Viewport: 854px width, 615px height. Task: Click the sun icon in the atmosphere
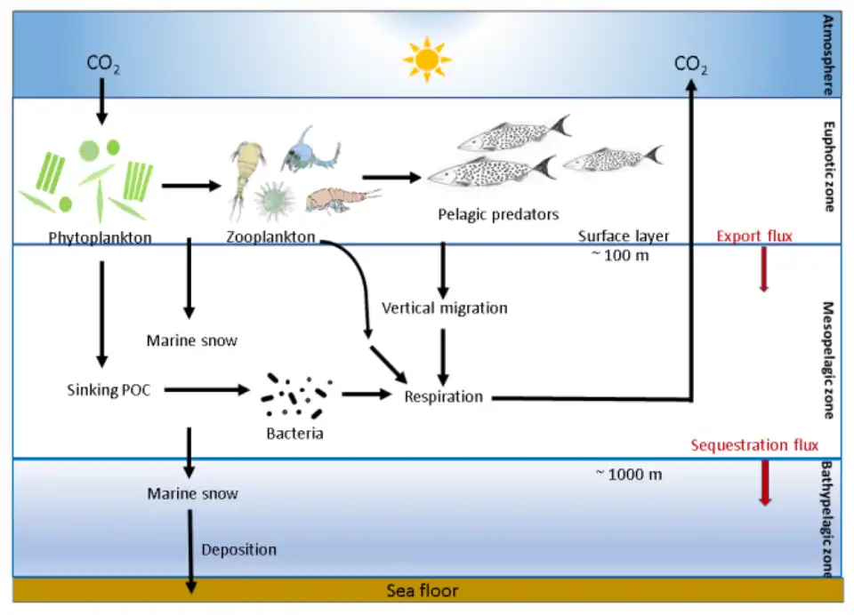(426, 60)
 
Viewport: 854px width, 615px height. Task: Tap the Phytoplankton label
(100, 237)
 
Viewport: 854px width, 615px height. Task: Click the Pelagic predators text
(498, 214)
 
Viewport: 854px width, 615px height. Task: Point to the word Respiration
(443, 396)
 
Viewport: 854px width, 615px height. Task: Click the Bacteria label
(294, 434)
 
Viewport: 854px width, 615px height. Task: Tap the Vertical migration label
(444, 308)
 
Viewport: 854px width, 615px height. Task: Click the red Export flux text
(754, 236)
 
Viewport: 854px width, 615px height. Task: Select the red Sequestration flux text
(754, 445)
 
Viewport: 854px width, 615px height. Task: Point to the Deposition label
(238, 549)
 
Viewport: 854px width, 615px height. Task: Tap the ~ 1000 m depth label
(628, 474)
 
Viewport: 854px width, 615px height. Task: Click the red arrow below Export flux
(763, 273)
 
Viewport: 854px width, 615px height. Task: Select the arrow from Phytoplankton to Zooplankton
(189, 186)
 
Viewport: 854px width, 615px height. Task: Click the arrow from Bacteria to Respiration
(366, 394)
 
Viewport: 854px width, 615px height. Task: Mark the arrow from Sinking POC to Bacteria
(205, 389)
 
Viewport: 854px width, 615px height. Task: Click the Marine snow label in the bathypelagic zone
(192, 492)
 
